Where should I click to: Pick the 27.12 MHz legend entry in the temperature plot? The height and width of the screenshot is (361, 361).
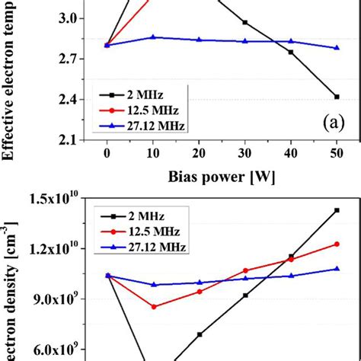pos(141,123)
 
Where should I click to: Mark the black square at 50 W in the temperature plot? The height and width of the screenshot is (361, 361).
pos(336,97)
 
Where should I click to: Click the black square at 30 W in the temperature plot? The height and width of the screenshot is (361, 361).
pos(244,23)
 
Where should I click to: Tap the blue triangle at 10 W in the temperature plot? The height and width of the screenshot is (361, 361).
pos(153,37)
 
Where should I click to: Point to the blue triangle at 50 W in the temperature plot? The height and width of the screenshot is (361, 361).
pos(336,47)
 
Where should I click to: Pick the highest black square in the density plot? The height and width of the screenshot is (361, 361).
pos(336,210)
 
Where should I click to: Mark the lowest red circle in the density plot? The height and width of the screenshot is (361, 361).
pos(153,306)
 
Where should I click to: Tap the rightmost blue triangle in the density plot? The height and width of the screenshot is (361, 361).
pos(336,268)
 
